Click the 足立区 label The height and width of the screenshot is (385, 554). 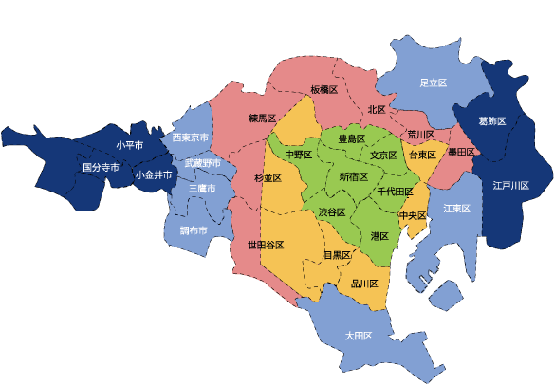pyautogui.click(x=433, y=83)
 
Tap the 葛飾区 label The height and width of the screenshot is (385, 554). pyautogui.click(x=492, y=121)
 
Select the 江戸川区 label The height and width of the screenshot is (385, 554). pyautogui.click(x=510, y=185)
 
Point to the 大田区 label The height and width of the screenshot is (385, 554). pyautogui.click(x=358, y=336)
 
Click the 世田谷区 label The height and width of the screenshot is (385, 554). pyautogui.click(x=266, y=245)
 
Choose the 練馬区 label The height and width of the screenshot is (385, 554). pyautogui.click(x=262, y=119)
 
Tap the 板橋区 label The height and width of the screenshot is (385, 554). pyautogui.click(x=323, y=89)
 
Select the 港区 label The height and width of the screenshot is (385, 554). pyautogui.click(x=380, y=235)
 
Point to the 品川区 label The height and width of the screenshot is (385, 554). pyautogui.click(x=364, y=284)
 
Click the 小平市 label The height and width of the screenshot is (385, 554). pyautogui.click(x=129, y=145)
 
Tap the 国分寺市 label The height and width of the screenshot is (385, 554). pyautogui.click(x=101, y=167)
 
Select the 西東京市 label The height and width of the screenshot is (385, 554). pyautogui.click(x=190, y=138)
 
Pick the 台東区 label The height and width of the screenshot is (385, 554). pyautogui.click(x=422, y=155)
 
